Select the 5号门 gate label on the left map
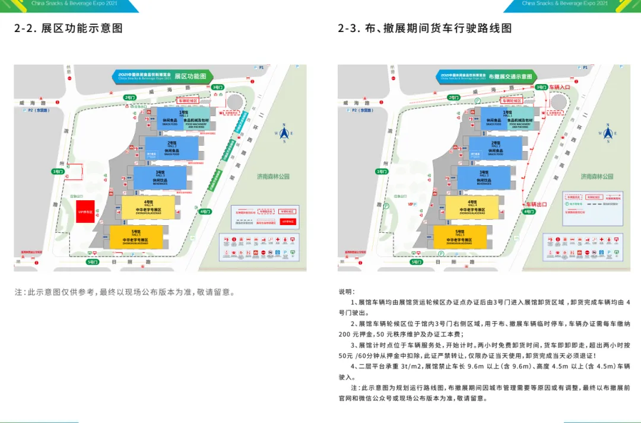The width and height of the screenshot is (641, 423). point(92,261)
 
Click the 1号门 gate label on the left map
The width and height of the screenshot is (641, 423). point(58,171)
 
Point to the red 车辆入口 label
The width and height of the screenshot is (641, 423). point(559,86)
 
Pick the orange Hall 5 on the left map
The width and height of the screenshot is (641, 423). point(135,236)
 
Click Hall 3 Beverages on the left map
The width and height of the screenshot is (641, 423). point(160,178)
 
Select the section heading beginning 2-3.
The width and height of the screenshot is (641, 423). point(424,28)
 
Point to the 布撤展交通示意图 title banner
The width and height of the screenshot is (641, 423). point(510,76)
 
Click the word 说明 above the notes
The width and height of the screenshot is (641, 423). point(345,292)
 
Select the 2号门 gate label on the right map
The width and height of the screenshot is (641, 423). point(453,97)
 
